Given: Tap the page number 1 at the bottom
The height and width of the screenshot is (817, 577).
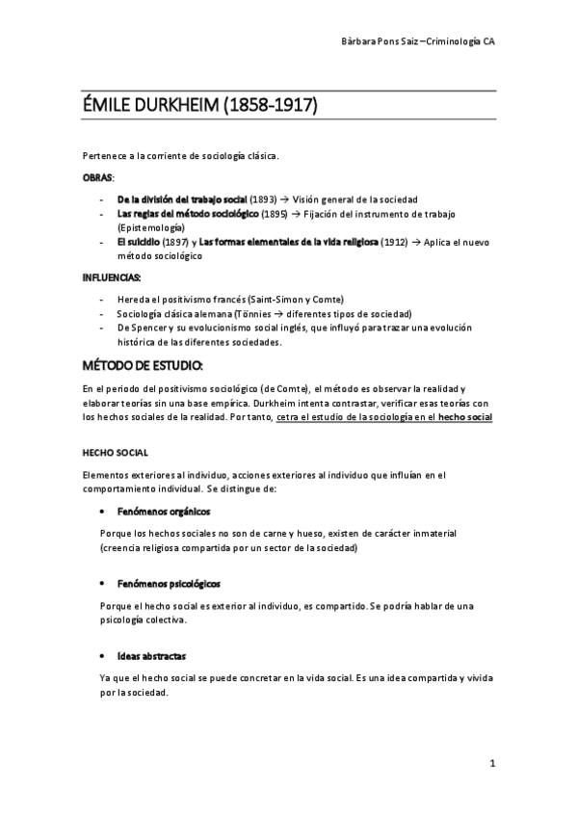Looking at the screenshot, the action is pyautogui.click(x=491, y=764).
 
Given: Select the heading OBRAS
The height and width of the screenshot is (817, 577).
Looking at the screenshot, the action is pyautogui.click(x=97, y=178).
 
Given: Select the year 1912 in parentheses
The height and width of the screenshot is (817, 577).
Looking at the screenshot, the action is pyautogui.click(x=394, y=243).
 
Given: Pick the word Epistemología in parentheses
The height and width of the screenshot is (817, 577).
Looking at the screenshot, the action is pyautogui.click(x=152, y=227).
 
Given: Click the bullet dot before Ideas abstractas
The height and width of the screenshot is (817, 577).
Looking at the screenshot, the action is pyautogui.click(x=101, y=655).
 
